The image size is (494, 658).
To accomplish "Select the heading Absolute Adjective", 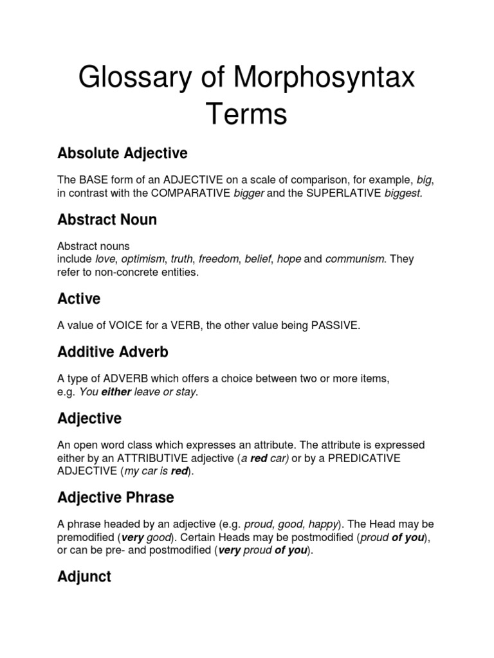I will (x=122, y=154).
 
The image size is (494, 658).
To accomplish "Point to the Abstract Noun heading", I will (x=107, y=220).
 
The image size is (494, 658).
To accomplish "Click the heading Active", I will (x=79, y=299).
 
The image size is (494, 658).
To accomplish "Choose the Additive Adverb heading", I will (x=113, y=352).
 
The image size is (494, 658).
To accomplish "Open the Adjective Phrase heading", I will (x=116, y=498).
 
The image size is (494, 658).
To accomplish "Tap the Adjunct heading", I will (x=84, y=577).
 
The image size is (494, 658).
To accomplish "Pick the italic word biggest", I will (x=403, y=193).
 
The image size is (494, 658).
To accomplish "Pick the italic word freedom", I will (x=218, y=259).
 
